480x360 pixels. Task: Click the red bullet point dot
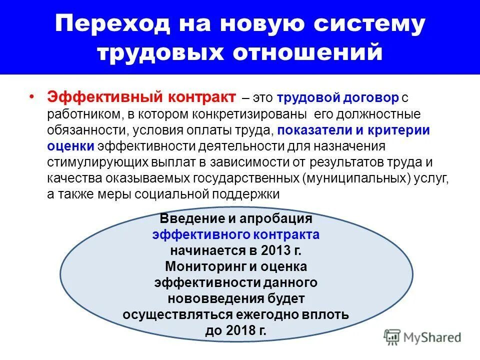pos(32,96)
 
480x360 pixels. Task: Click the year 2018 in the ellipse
pos(239,331)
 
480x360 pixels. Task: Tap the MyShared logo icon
pos(393,336)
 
